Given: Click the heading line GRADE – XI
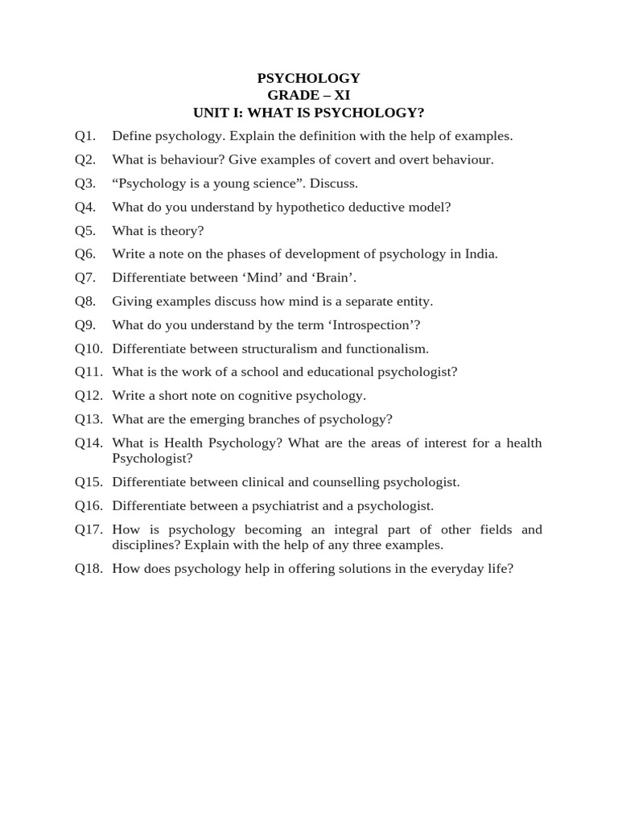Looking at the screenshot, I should pos(308,95).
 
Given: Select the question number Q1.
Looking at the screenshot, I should pos(85,136).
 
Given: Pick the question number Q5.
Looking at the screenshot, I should pos(85,231).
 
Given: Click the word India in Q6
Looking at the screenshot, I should pos(480,254).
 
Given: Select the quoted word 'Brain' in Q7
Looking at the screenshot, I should pos(333,278).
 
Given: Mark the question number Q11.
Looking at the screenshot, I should pos(89,372).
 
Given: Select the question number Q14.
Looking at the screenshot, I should pos(89,443).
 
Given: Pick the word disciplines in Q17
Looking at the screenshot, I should pos(146,545).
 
